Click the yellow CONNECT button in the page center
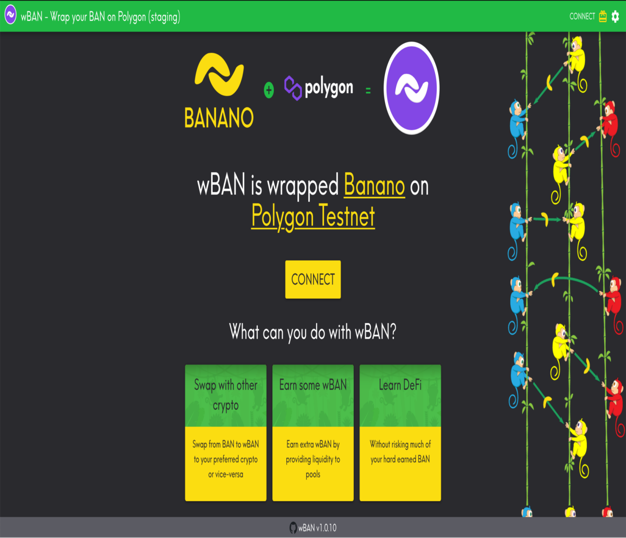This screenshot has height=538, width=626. pyautogui.click(x=313, y=279)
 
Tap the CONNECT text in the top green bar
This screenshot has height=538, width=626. pyautogui.click(x=582, y=16)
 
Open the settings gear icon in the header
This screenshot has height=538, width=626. pyautogui.click(x=615, y=16)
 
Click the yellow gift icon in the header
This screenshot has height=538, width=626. pyautogui.click(x=603, y=16)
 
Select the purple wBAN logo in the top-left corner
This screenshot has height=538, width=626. pyautogui.click(x=10, y=15)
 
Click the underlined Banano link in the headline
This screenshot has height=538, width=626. pyautogui.click(x=375, y=185)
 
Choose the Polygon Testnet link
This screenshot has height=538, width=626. pyautogui.click(x=313, y=216)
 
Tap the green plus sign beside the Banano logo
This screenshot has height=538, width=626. pyautogui.click(x=269, y=90)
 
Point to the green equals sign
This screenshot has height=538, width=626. pyautogui.click(x=368, y=90)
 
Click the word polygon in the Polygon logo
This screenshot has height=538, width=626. pyautogui.click(x=329, y=88)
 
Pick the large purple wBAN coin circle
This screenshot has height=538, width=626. pyautogui.click(x=412, y=88)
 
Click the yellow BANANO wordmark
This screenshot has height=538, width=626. pyautogui.click(x=219, y=118)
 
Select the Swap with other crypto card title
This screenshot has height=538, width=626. pyautogui.click(x=226, y=395)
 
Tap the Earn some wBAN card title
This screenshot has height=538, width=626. pyautogui.click(x=313, y=385)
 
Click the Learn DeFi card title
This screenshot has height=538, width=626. pyautogui.click(x=400, y=385)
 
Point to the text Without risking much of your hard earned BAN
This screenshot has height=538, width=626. pyautogui.click(x=400, y=451)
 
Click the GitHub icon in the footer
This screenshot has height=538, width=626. pyautogui.click(x=293, y=528)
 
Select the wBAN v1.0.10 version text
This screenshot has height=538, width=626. pyautogui.click(x=317, y=528)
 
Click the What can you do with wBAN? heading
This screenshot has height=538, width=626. pyautogui.click(x=313, y=332)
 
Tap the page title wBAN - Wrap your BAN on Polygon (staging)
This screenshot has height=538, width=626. pyautogui.click(x=100, y=17)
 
